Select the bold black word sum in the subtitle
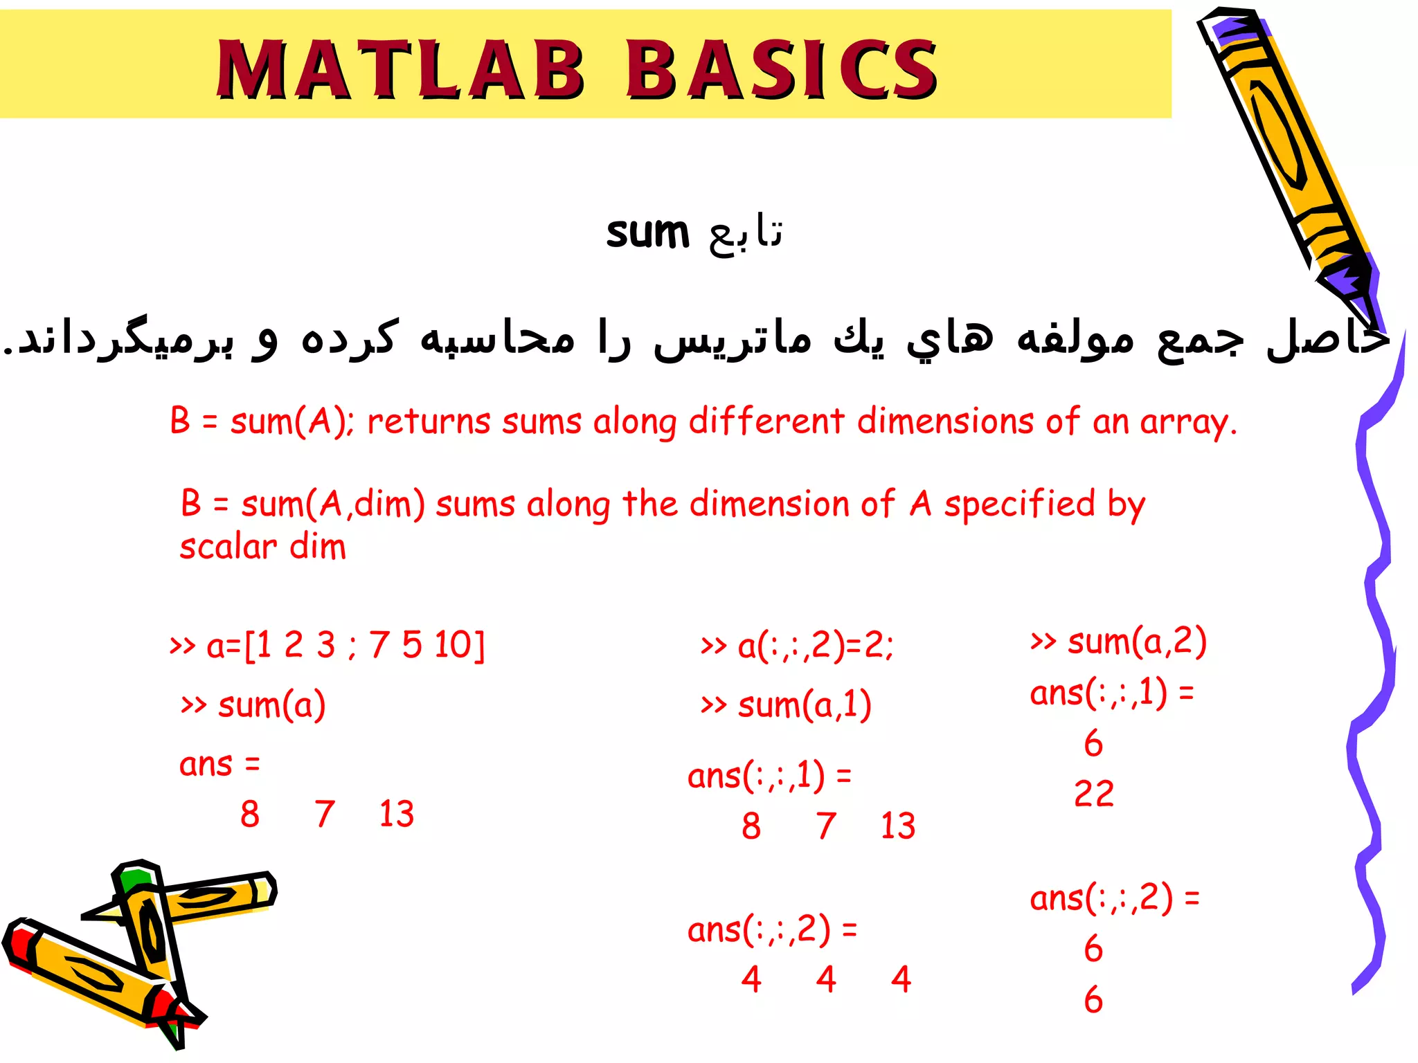pos(647,233)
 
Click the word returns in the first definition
pos(428,421)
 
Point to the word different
pos(766,421)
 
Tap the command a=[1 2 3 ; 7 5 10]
pos(327,645)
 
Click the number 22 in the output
pos(1094,794)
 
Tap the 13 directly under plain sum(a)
pos(397,814)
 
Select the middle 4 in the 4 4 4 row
pos(826,979)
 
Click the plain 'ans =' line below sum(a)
pos(219,765)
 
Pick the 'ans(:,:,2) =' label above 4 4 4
pos(772,929)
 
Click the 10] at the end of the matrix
pos(460,645)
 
